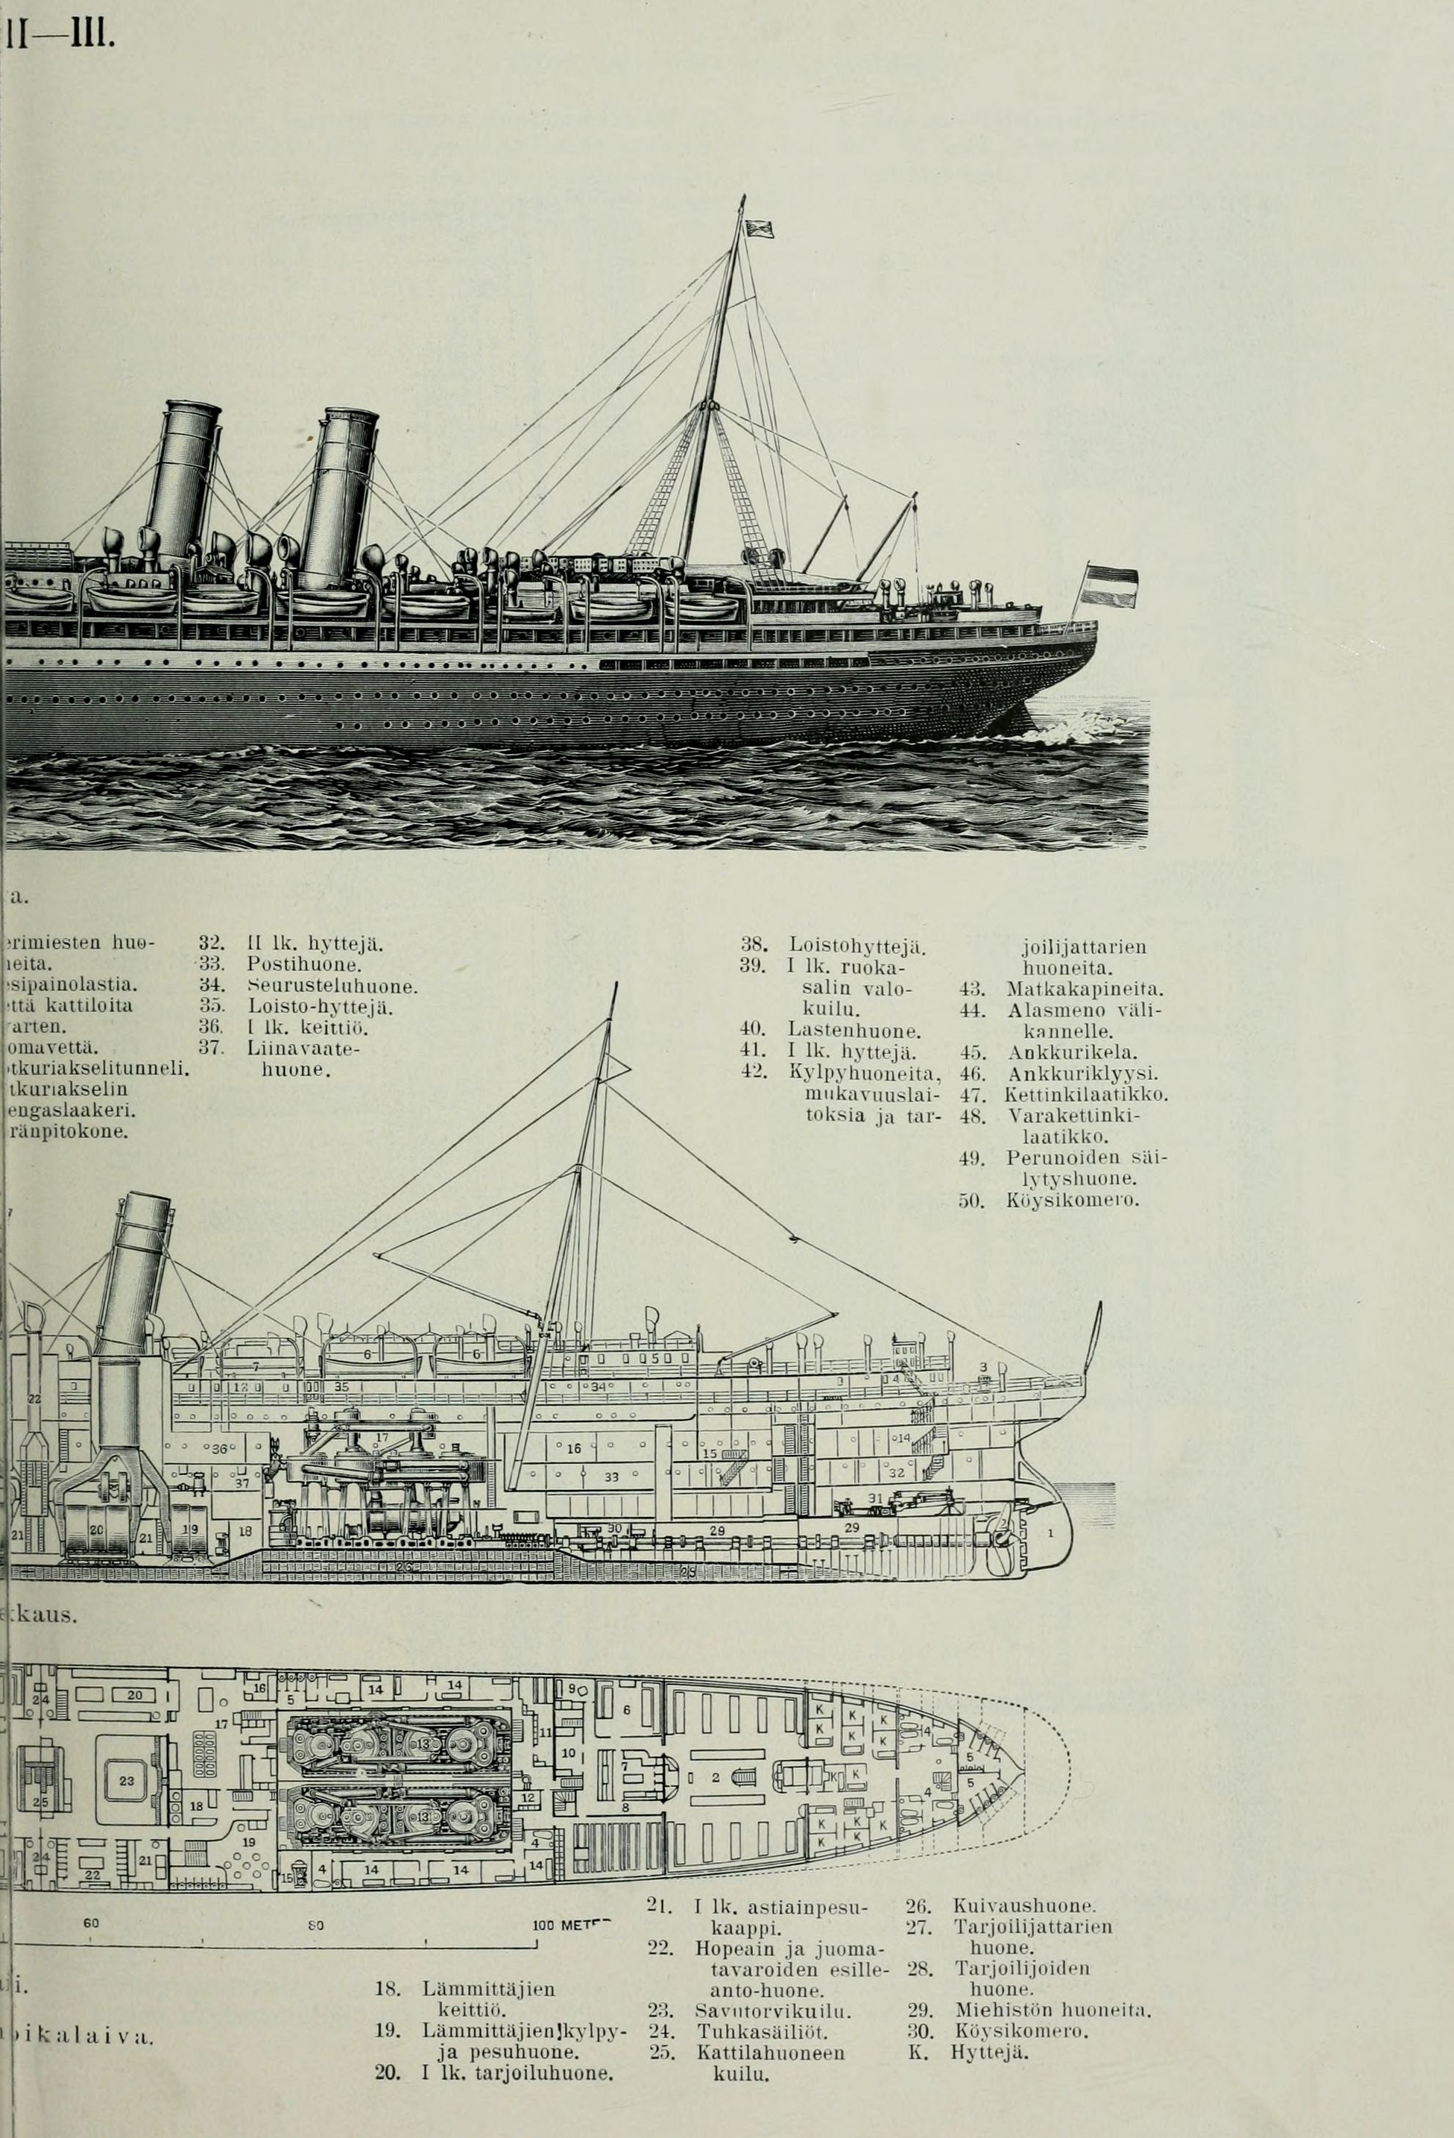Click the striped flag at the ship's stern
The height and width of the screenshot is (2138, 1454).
pyautogui.click(x=1111, y=587)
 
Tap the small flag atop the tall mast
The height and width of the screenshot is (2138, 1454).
pyautogui.click(x=760, y=228)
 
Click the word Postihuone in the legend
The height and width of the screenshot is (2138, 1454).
pyautogui.click(x=303, y=965)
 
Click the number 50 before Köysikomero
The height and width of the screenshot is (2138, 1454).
pyautogui.click(x=971, y=1201)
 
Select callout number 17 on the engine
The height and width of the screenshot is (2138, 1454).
pyautogui.click(x=383, y=1437)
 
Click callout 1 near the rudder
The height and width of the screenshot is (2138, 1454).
pyautogui.click(x=1049, y=1533)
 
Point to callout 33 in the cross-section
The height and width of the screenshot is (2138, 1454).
pyautogui.click(x=610, y=1478)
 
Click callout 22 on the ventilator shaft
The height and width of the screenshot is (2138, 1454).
pyautogui.click(x=34, y=1398)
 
